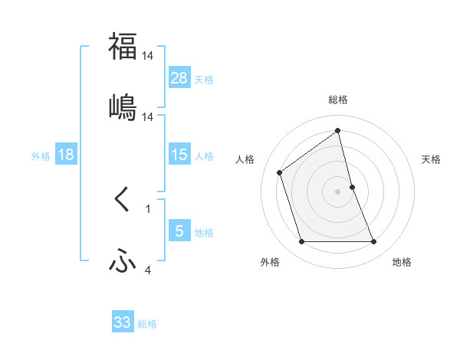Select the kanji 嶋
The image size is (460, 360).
click(123, 107)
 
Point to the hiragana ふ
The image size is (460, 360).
click(123, 262)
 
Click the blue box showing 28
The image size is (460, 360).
click(179, 78)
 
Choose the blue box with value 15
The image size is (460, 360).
click(179, 155)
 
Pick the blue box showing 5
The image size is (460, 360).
click(179, 231)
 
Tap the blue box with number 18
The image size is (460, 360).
click(66, 155)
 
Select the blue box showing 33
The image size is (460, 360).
click(123, 322)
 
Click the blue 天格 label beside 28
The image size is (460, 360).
click(204, 80)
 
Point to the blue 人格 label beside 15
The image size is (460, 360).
click(204, 156)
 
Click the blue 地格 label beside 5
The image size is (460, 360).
click(204, 233)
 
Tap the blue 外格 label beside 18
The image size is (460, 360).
click(41, 156)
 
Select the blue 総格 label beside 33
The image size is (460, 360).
click(147, 324)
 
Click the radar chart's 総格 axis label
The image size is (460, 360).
click(338, 100)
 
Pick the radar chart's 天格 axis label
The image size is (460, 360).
click(432, 159)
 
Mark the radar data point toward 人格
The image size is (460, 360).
click(280, 172)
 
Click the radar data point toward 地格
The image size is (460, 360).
click(374, 242)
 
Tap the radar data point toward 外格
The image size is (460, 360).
click(301, 242)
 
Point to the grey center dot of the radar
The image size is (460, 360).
click(338, 191)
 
